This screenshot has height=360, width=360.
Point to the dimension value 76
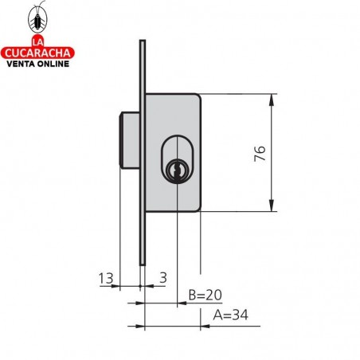259,153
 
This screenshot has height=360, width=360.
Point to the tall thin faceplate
142,151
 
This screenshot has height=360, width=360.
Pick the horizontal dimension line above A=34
171,325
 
